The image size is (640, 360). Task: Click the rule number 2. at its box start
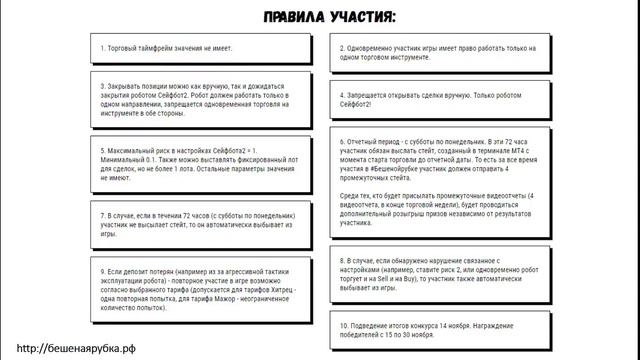(343, 47)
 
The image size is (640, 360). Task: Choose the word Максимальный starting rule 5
(134, 151)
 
